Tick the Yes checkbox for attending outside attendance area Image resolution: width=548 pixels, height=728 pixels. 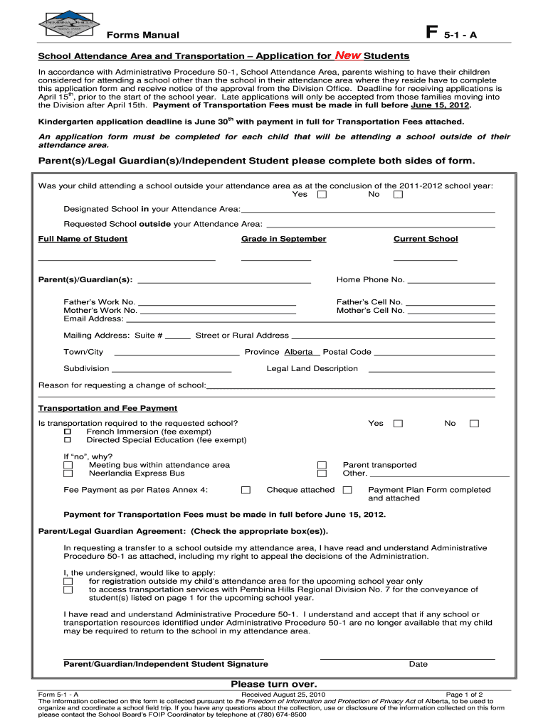pyautogui.click(x=322, y=194)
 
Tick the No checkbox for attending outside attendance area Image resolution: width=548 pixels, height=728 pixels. pyautogui.click(x=398, y=194)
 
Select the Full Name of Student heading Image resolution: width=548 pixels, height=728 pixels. pyautogui.click(x=83, y=239)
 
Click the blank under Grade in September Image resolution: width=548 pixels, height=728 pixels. pyautogui.click(x=276, y=259)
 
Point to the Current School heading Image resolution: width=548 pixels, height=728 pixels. pyautogui.click(x=426, y=239)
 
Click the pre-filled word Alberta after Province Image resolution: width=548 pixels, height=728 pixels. pyautogui.click(x=298, y=352)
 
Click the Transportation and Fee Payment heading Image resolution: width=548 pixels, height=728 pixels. pyautogui.click(x=107, y=408)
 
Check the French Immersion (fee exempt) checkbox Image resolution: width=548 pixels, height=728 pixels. pyautogui.click(x=68, y=432)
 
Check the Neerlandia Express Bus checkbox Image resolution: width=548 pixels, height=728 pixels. pyautogui.click(x=68, y=473)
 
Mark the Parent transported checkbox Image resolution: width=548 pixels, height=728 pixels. pyautogui.click(x=322, y=465)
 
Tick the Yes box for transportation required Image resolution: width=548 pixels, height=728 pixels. pyautogui.click(x=398, y=424)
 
